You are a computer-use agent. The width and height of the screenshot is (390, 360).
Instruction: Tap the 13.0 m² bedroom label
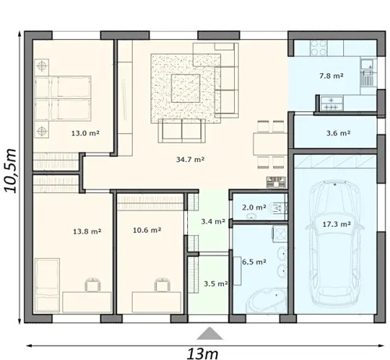tap(84, 133)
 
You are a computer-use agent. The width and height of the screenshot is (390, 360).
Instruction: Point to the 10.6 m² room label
tap(147, 230)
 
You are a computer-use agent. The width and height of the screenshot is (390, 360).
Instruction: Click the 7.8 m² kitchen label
tap(331, 76)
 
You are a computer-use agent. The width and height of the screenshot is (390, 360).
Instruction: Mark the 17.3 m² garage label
tap(336, 224)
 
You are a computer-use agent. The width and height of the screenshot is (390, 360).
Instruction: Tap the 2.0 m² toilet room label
tap(253, 207)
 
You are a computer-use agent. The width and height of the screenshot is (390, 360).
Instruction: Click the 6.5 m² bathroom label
tap(254, 263)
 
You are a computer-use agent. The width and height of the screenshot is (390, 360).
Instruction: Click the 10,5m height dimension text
tap(12, 171)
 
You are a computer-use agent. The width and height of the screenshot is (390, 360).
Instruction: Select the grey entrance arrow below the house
tap(214, 333)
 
